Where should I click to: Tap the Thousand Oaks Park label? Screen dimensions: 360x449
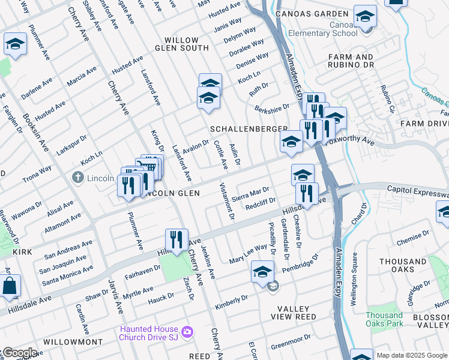[x=384, y=319]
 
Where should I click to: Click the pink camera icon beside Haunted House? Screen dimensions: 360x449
[x=187, y=331]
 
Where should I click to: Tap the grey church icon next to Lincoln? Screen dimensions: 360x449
[x=77, y=178]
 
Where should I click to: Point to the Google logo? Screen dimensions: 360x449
[x=19, y=353]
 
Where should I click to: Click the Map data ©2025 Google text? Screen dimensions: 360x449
[x=412, y=355]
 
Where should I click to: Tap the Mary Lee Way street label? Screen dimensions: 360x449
[x=248, y=254]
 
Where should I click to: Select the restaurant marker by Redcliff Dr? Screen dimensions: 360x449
[x=306, y=194]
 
